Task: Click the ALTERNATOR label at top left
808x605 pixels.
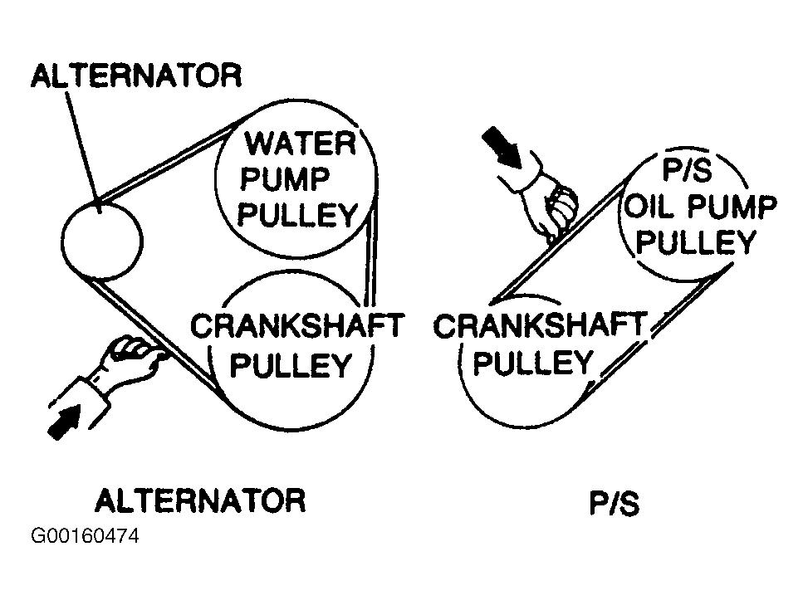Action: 136,76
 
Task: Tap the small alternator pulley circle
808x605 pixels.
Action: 102,241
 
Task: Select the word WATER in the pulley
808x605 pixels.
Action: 299,144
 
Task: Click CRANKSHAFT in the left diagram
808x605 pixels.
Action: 296,326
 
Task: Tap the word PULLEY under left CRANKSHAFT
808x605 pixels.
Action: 291,365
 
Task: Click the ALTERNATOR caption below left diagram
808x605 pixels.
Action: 200,500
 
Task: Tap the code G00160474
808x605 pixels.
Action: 85,537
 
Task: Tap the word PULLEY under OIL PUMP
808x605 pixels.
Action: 700,242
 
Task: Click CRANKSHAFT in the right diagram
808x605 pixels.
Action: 539,326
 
